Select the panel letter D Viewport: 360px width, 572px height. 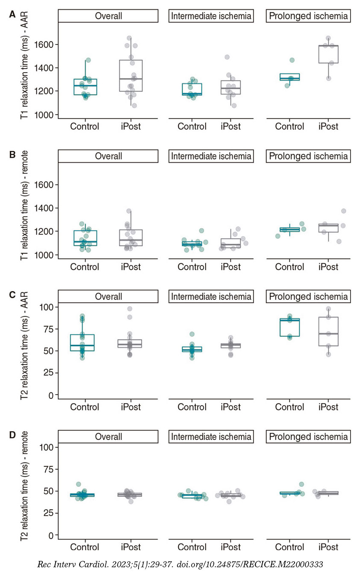point(12,435)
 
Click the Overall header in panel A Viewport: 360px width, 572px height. point(108,16)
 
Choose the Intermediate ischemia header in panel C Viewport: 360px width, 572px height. point(211,296)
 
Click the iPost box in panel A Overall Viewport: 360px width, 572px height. point(131,76)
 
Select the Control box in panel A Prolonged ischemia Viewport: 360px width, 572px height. point(289,77)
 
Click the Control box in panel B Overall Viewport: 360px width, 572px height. point(85,238)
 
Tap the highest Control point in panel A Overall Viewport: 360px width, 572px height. point(88,60)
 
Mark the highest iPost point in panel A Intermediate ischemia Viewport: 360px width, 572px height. point(227,57)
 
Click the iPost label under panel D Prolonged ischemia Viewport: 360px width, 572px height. point(328,547)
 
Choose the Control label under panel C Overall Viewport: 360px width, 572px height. point(85,407)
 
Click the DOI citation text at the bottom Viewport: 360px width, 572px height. point(180,564)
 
